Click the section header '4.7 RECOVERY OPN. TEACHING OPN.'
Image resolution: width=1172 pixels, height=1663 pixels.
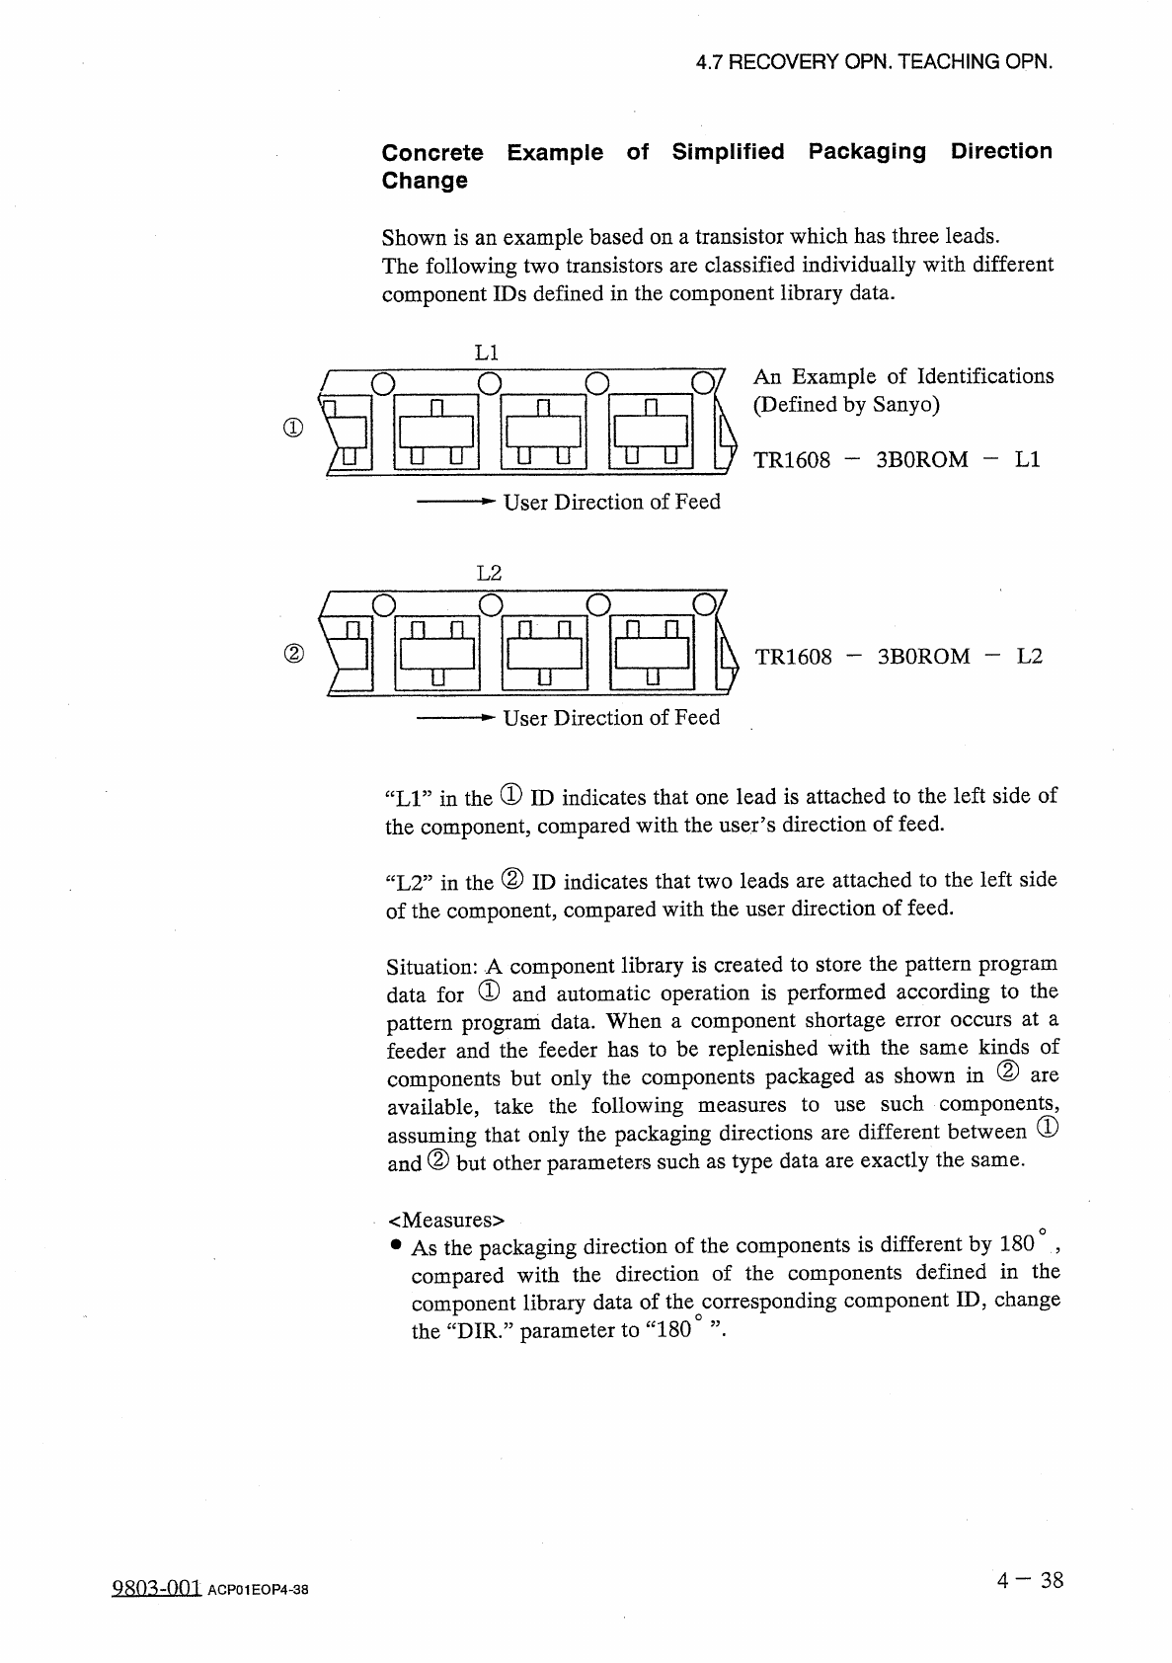tap(874, 61)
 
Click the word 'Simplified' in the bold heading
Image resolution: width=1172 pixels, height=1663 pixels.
tap(728, 152)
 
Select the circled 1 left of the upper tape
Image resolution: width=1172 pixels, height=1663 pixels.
tap(291, 429)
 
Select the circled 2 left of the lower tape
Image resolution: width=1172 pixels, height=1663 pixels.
tap(291, 654)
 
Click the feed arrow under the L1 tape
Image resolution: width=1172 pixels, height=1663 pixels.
tap(453, 503)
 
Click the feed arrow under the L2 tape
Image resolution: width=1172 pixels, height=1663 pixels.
tap(453, 718)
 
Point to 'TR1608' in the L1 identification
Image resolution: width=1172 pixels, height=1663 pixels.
tap(793, 460)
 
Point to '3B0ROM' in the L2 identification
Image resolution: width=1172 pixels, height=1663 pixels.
tap(923, 657)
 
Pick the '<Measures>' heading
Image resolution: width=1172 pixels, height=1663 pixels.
tap(446, 1217)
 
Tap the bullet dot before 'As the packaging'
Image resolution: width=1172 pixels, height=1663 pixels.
tap(395, 1245)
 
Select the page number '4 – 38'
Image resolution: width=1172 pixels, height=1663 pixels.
tap(1030, 1580)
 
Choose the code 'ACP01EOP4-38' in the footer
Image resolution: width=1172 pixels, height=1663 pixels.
tap(259, 1590)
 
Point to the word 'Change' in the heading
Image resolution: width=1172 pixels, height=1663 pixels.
tap(425, 181)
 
